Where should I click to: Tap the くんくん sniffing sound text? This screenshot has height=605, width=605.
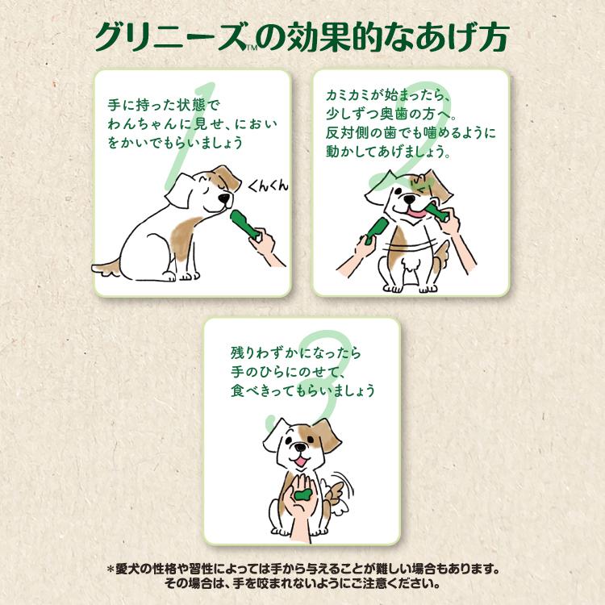click(x=267, y=186)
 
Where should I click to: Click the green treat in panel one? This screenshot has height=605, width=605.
click(x=243, y=225)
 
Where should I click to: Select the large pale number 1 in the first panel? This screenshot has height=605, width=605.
click(x=181, y=137)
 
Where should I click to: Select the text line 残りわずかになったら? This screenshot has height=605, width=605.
click(x=289, y=353)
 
